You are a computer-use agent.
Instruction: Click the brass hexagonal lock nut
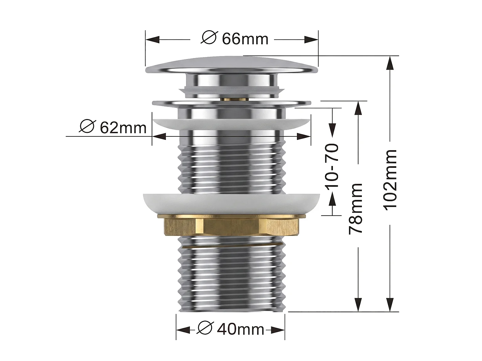pyautogui.click(x=231, y=226)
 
